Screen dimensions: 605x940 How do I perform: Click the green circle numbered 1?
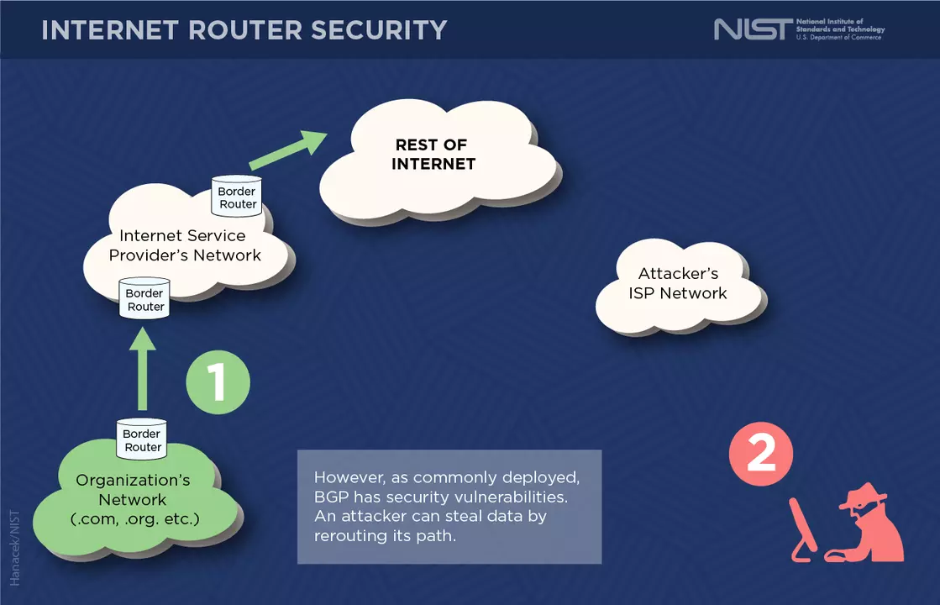[218, 383]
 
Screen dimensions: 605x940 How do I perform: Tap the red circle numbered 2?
[761, 455]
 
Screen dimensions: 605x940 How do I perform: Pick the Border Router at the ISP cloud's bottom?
[144, 298]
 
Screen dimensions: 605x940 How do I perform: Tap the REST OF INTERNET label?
[433, 155]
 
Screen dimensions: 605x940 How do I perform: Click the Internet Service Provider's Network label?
[185, 245]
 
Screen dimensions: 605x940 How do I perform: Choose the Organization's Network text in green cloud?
[134, 499]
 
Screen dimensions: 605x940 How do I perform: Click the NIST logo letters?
[752, 29]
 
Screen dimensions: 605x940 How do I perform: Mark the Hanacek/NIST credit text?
[14, 547]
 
